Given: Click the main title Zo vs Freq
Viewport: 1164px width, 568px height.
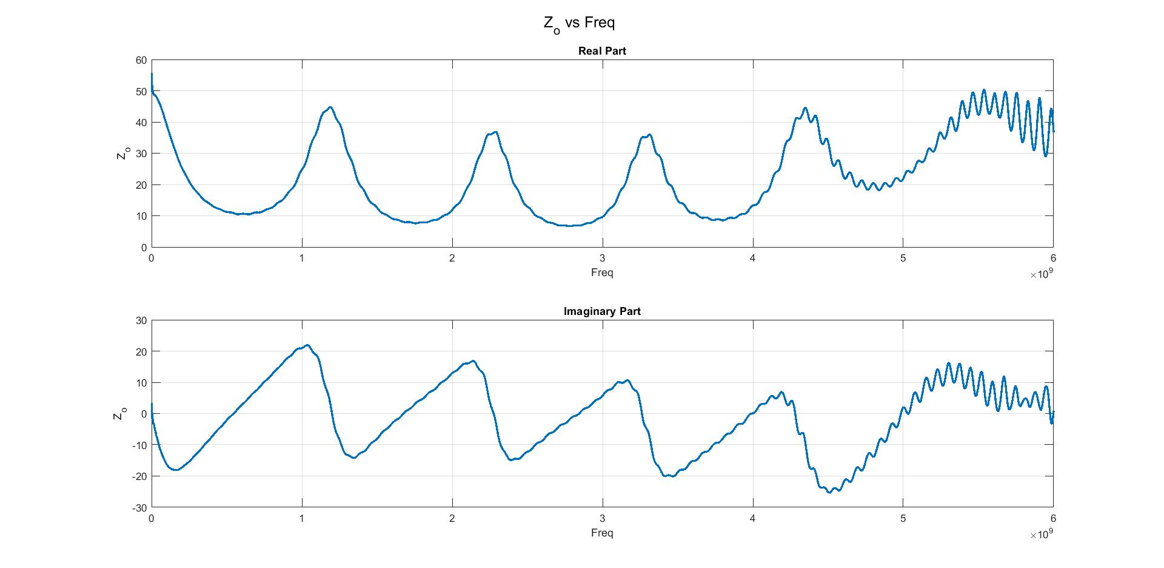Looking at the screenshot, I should pos(579,24).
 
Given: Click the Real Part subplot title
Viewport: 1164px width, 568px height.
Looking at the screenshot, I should pos(602,51).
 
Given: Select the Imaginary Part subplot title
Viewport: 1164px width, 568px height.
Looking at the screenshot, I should pos(602,311).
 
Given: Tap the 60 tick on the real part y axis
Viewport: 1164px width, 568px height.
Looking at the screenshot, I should pos(141,60).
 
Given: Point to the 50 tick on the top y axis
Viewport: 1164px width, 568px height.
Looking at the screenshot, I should pos(141,92).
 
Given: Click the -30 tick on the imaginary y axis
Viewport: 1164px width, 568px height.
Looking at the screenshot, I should pos(139,507).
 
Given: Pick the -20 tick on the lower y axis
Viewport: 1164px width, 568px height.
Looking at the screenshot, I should pos(139,476).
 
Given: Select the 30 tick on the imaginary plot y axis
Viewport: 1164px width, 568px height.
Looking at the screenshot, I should pos(141,320).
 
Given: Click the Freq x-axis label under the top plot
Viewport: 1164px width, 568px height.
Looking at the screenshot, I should pos(602,272).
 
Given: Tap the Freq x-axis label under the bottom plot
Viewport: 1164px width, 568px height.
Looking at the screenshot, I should pos(602,533).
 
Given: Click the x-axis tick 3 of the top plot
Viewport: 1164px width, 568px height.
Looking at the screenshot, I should pos(603,258).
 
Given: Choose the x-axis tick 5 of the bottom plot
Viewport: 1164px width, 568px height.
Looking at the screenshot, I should pos(903,518).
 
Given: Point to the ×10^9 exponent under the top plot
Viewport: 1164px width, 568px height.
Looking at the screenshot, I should pos(1042,274).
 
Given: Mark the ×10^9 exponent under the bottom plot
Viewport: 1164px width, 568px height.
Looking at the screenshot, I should pos(1042,535).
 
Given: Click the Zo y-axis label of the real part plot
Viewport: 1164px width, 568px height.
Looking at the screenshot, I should pos(121,154).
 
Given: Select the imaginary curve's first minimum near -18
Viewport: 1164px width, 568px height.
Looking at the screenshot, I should pos(175,470).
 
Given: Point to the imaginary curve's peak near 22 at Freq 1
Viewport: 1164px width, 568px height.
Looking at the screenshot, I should pos(307,345).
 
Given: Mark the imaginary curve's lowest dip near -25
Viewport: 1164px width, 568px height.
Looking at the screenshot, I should pos(829,492).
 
